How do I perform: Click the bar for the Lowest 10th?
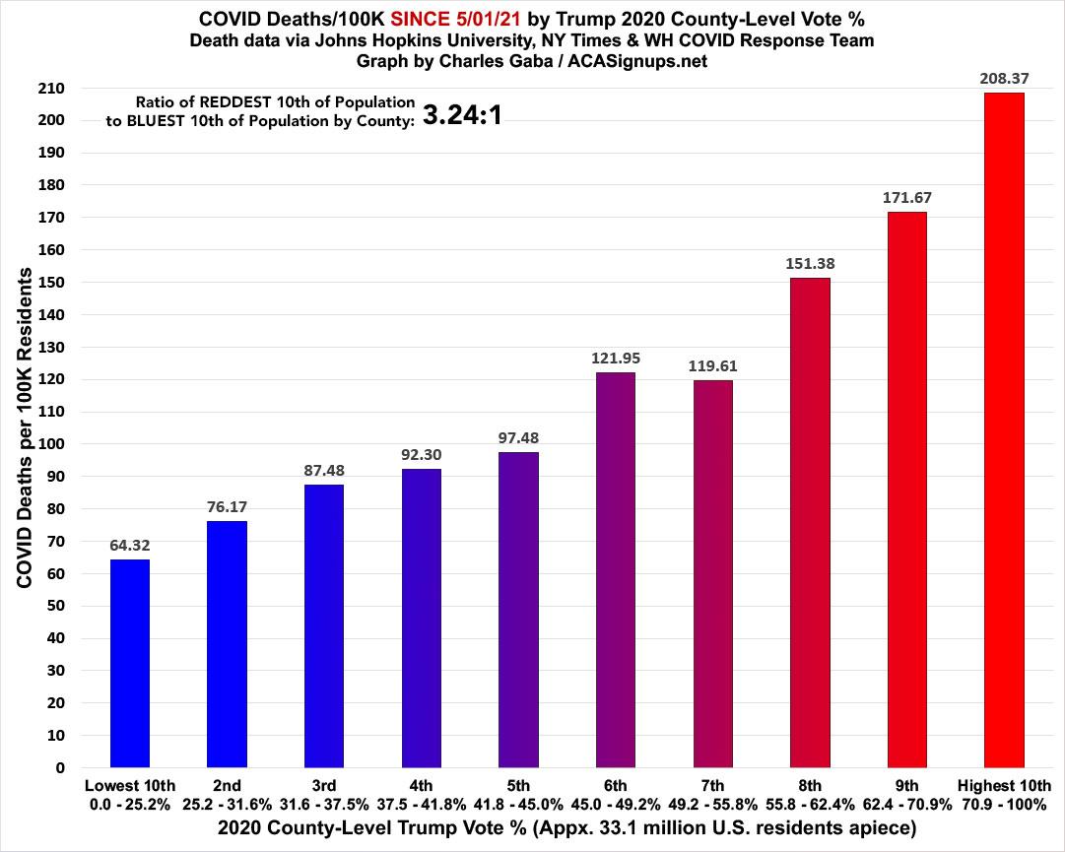tap(129, 663)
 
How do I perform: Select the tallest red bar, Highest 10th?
tap(1004, 429)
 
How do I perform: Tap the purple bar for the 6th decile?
tap(615, 569)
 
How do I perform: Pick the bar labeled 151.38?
tap(810, 522)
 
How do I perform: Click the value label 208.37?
tap(1004, 77)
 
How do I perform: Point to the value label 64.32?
tap(129, 544)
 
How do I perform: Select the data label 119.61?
tap(712, 365)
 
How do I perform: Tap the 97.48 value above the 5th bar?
tap(518, 437)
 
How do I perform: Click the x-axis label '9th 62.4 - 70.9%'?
tap(906, 795)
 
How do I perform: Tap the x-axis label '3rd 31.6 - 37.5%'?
tap(324, 795)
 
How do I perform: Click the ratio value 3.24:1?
tap(463, 115)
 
